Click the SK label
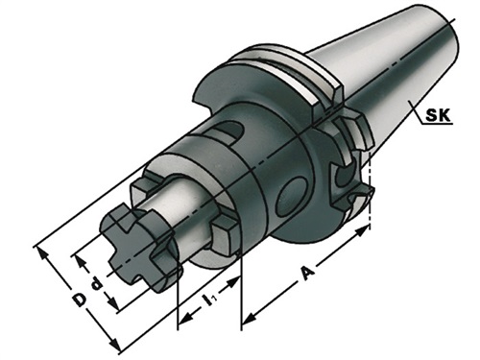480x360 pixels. pos(438,115)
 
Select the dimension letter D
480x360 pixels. pos(79,300)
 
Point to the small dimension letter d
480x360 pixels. pos(96,284)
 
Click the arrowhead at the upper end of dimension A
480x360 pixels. pos(362,230)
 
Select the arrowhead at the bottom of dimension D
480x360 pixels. pos(114,344)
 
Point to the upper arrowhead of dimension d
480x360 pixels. pos(81,262)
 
